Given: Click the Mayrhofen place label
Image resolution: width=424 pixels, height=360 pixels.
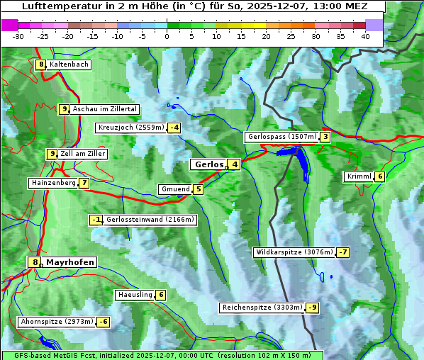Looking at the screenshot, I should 70,262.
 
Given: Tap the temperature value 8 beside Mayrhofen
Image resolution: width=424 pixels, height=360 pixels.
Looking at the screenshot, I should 35,262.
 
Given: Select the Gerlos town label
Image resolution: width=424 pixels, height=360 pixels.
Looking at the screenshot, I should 208,164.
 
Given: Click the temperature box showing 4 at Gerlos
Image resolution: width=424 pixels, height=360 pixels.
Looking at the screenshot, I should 234,164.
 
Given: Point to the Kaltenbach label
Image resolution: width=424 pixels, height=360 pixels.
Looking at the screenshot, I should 69,64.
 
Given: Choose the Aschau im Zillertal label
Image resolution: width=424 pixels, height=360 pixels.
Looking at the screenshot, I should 104,109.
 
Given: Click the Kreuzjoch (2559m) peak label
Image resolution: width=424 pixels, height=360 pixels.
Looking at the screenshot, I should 130,128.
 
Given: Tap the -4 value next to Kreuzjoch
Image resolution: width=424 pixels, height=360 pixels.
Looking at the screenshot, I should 173,128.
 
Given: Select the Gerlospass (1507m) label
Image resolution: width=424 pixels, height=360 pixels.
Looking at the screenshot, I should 281,137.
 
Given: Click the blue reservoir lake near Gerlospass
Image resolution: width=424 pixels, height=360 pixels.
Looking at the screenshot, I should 301,159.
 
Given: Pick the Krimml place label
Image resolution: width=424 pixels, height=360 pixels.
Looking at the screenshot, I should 359,176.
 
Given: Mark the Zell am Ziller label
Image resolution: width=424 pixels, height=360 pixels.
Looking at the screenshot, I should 83,154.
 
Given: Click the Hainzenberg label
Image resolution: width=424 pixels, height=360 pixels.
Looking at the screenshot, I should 52,183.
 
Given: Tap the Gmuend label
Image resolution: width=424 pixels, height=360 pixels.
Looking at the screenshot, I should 175,189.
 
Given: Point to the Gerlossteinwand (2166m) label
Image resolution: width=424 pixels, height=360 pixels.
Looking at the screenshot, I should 150,220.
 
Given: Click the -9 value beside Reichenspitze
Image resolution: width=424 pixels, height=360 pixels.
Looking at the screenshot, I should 312,308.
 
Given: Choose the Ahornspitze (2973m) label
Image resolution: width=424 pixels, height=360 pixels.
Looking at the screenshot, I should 57,322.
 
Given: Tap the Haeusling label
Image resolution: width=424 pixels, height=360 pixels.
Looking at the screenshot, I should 134,295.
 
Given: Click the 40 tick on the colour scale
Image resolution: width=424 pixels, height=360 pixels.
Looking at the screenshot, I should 365,36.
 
